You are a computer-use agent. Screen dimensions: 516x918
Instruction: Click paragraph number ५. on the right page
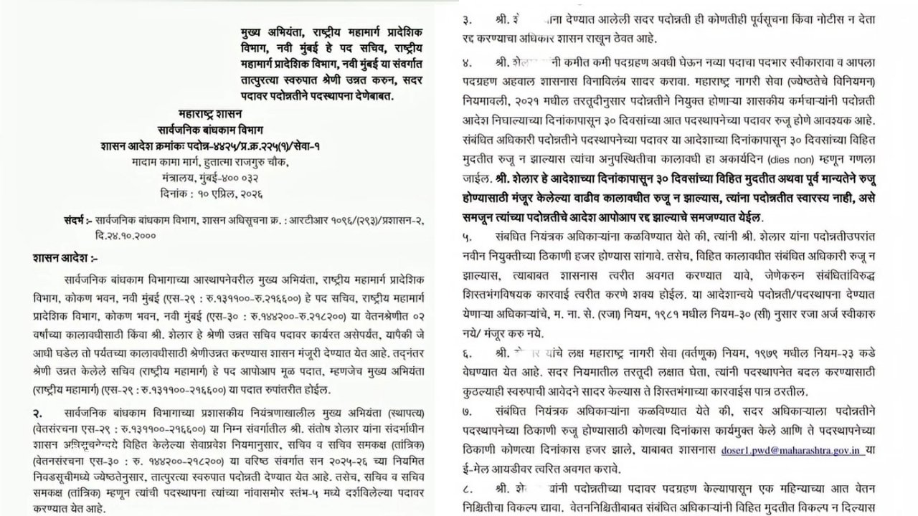coord(469,234)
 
